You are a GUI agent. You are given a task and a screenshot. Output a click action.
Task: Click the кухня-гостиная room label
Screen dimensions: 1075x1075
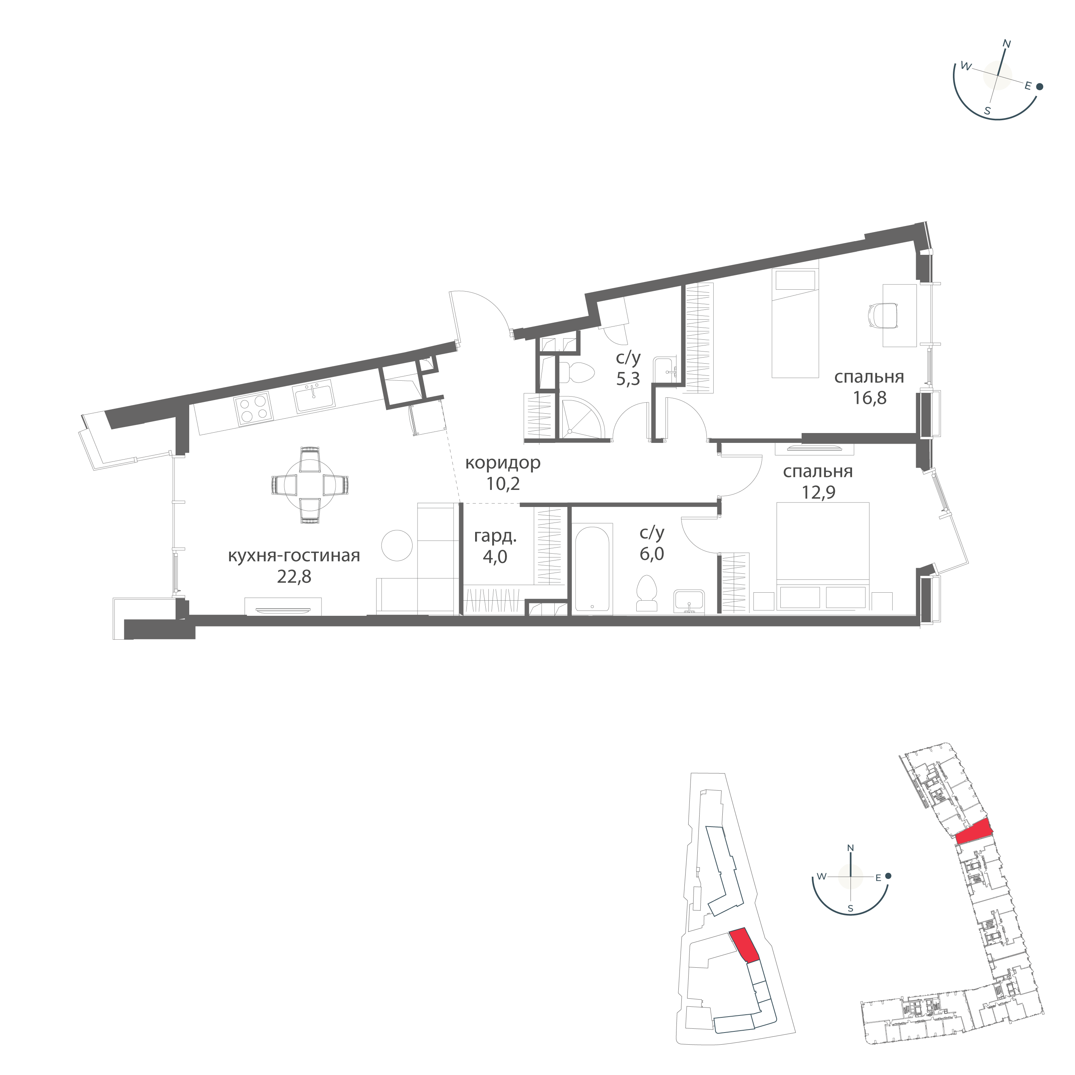tap(294, 555)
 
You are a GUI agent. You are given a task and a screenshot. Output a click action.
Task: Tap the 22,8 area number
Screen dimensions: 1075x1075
tap(294, 577)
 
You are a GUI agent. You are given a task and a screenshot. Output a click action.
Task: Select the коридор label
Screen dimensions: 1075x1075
tap(502, 462)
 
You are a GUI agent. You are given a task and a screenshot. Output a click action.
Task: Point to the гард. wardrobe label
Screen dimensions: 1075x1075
tap(495, 537)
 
